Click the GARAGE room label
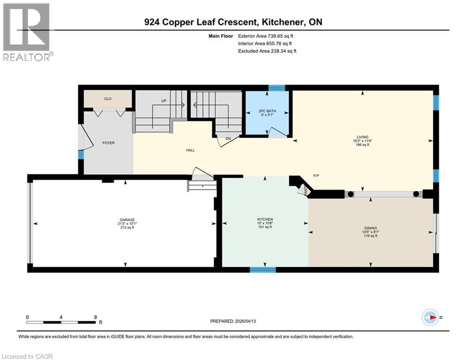(x=127, y=220)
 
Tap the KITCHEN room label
(x=265, y=219)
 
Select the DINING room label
(x=370, y=228)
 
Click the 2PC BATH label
(x=267, y=111)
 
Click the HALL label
(x=190, y=150)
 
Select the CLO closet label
(x=108, y=99)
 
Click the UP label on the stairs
(x=163, y=101)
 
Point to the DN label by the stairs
(x=229, y=138)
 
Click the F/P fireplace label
(x=316, y=175)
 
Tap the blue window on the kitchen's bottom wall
(x=263, y=270)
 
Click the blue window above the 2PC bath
(x=276, y=88)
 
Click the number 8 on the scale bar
(x=96, y=317)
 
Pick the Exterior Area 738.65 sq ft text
(x=266, y=36)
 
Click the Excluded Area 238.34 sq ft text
(x=267, y=51)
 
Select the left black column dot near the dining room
(x=350, y=194)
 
